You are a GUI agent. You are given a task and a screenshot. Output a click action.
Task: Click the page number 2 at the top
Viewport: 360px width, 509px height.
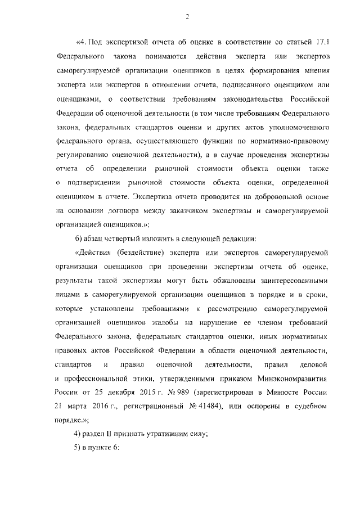(x=186, y=17)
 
